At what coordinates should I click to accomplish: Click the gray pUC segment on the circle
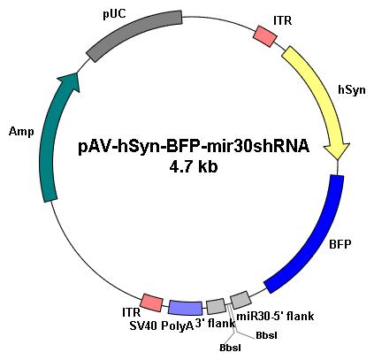(x=134, y=35)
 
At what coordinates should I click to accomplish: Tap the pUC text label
(x=114, y=14)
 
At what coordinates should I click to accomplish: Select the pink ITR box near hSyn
(x=265, y=36)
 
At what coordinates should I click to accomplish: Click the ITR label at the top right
(x=282, y=20)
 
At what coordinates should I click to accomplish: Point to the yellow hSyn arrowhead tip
(x=338, y=159)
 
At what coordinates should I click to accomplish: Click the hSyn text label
(x=352, y=89)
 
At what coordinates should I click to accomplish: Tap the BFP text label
(x=340, y=244)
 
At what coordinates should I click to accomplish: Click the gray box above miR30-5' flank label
(x=240, y=300)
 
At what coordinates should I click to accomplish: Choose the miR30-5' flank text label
(x=275, y=317)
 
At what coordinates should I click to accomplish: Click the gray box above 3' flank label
(x=216, y=306)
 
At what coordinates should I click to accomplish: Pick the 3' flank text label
(x=215, y=324)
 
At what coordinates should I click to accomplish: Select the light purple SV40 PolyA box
(x=185, y=308)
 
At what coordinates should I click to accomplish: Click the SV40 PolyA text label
(x=162, y=326)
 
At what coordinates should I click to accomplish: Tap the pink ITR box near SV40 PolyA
(x=152, y=303)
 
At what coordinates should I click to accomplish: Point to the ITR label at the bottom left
(x=132, y=312)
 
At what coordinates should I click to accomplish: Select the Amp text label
(x=21, y=131)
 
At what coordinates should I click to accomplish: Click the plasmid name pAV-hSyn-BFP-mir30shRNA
(x=194, y=146)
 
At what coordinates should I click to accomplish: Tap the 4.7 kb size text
(x=194, y=167)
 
